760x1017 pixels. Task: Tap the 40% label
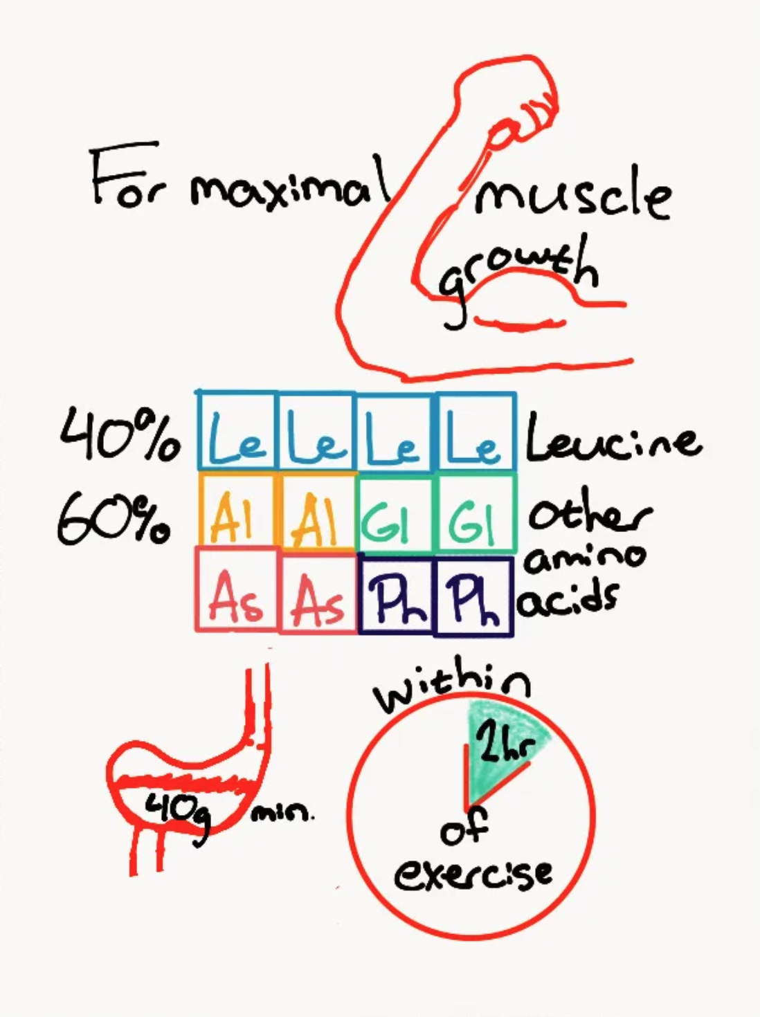point(120,434)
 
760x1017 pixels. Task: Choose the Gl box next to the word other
point(476,513)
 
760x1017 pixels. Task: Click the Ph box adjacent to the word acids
point(473,597)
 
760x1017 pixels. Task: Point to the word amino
point(586,557)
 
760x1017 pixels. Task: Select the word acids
point(569,600)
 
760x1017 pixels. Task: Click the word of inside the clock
point(464,827)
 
